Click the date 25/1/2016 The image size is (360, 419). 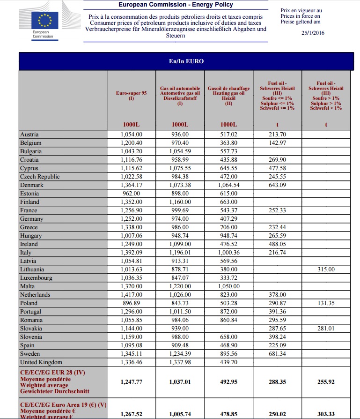coord(313,33)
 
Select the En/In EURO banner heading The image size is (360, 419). coord(186,61)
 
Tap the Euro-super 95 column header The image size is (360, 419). coord(132,96)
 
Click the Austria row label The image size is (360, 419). coord(29,135)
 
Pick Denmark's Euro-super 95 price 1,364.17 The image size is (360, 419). coord(132,185)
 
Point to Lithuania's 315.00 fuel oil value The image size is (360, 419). coord(326,269)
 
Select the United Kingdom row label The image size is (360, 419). coord(41,362)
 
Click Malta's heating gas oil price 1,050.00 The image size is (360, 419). coord(228,286)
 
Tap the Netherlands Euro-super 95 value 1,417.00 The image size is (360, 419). coord(132,295)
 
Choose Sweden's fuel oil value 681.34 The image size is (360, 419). coord(277,354)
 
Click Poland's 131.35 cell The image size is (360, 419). coord(326,303)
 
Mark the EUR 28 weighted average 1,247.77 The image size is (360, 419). coord(132,382)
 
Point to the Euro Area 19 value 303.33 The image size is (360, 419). coord(326,414)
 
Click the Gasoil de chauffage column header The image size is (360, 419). coord(228,96)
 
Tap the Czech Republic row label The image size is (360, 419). coord(40,177)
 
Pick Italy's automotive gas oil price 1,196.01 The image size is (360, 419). coord(180,253)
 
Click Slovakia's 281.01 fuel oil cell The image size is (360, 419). coord(326,329)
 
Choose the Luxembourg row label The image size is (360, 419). coord(36,278)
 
